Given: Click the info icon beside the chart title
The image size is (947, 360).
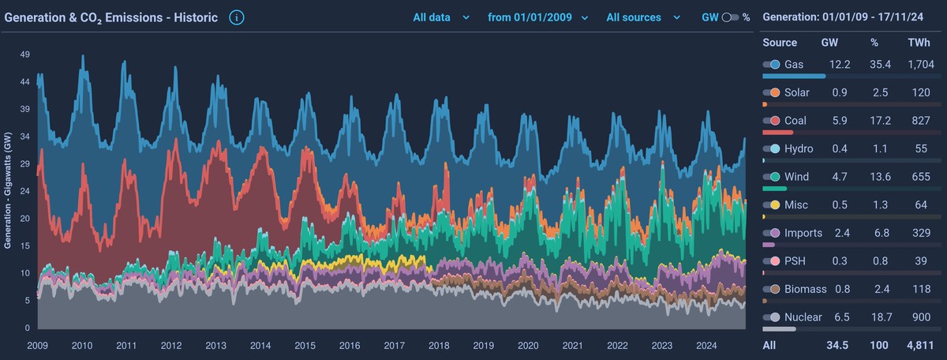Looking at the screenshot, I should (x=237, y=17).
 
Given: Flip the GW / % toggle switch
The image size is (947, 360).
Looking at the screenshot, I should (x=729, y=17).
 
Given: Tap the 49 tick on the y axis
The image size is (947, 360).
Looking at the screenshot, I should (x=25, y=54).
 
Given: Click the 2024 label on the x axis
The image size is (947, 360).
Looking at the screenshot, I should (x=706, y=345).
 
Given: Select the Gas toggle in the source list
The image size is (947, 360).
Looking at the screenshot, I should (x=771, y=65).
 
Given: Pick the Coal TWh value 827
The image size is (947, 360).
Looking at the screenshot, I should (x=919, y=121).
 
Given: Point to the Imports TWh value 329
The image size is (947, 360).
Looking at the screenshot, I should (x=919, y=233).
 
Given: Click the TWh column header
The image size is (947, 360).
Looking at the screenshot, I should (x=919, y=43).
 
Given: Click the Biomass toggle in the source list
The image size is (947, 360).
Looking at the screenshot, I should (x=771, y=289).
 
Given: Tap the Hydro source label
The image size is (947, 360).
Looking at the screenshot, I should (x=799, y=148).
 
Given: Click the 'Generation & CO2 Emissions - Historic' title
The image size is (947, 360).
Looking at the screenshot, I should (x=111, y=17).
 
